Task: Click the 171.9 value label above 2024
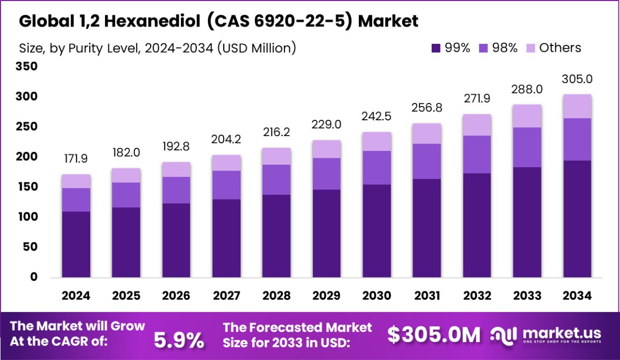pos(76,158)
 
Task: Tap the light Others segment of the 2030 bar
pos(377,141)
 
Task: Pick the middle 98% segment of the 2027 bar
pos(227,185)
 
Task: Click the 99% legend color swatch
pos(436,48)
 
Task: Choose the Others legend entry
pos(560,48)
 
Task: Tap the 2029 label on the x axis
pos(327,296)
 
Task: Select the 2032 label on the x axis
pos(477,296)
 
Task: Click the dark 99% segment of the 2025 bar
pos(126,242)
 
